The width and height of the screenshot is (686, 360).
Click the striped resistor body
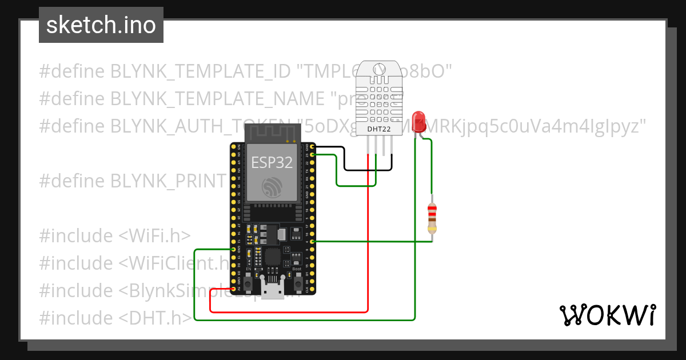point(432,219)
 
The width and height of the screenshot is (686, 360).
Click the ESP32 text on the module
point(272,162)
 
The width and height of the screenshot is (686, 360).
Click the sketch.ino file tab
point(101,25)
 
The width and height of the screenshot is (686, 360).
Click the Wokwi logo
point(607,315)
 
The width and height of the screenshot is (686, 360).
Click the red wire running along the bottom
point(286,312)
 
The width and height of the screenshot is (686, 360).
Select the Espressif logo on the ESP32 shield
point(272,187)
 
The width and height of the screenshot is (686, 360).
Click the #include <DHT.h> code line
point(115,318)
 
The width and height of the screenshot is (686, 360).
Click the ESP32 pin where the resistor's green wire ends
point(312,241)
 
